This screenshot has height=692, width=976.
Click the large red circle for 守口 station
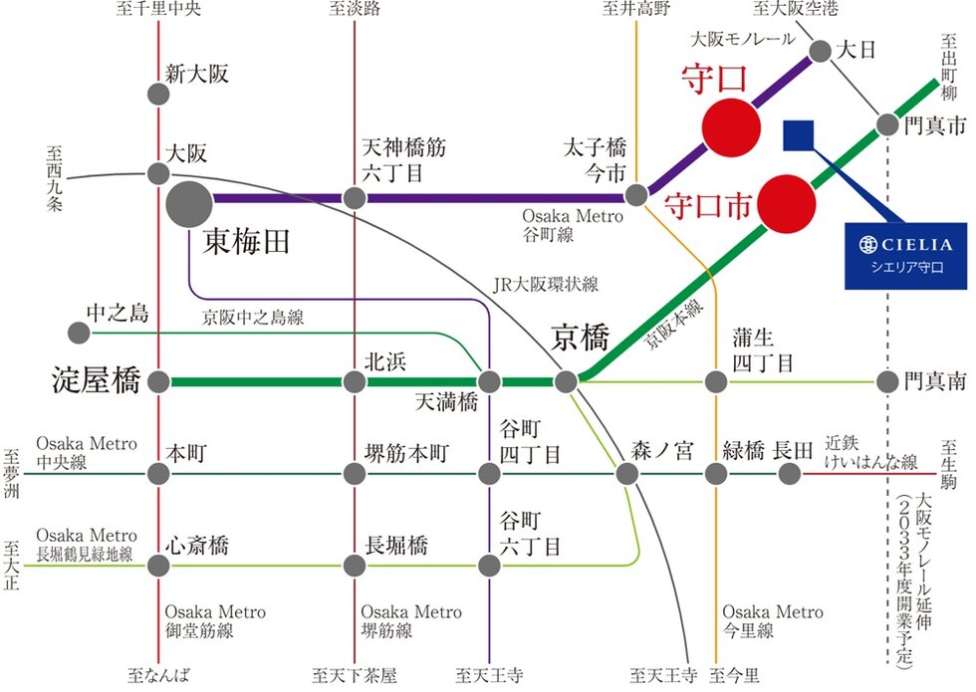[x=731, y=126]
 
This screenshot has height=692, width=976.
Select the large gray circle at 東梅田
[x=189, y=205]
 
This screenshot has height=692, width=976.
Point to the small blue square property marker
[x=800, y=135]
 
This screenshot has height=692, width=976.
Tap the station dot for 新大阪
[x=158, y=95]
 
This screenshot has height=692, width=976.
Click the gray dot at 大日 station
[x=821, y=51]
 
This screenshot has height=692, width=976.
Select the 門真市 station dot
[x=887, y=125]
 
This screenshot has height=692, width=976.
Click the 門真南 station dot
[x=887, y=381]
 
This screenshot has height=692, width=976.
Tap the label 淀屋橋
[x=96, y=380]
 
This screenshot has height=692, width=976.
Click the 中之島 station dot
[x=77, y=332]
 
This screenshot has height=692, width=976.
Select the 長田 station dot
[x=789, y=474]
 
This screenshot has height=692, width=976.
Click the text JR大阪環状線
[x=546, y=285]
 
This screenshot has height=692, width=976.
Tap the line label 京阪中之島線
[x=253, y=318]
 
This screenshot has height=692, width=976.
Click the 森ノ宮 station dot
[x=627, y=474]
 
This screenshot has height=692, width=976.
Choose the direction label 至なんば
[x=157, y=675]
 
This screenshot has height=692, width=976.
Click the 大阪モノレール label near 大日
[x=743, y=39]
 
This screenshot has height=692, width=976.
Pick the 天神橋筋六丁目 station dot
[x=355, y=197]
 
